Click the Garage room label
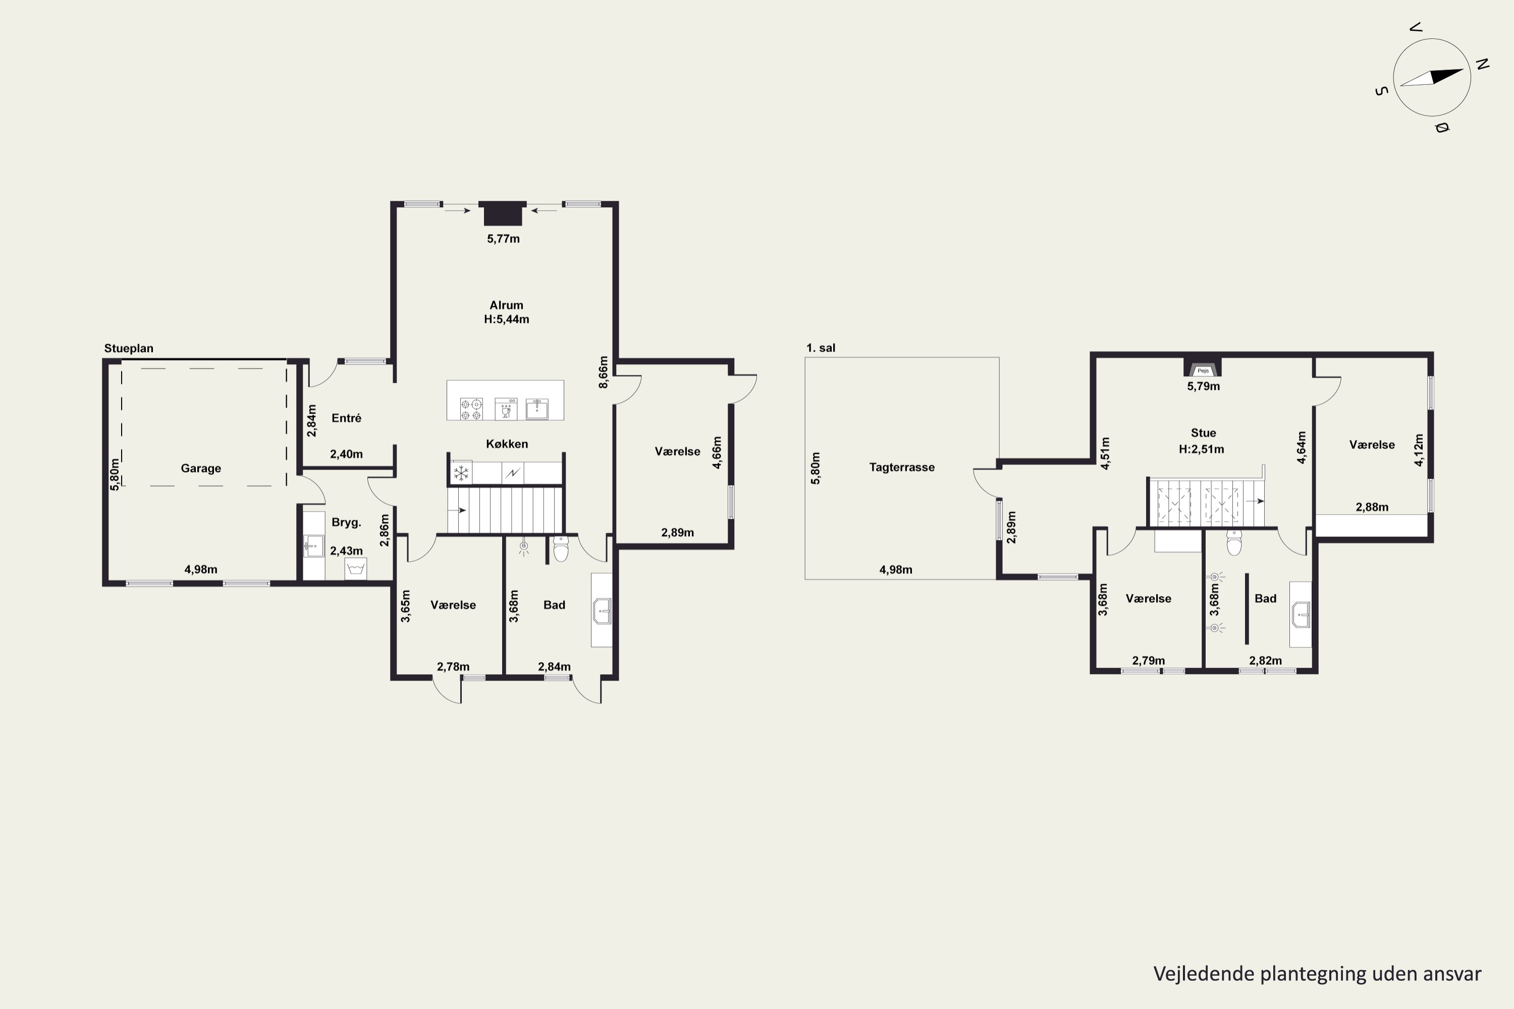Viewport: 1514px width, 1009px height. coord(201,469)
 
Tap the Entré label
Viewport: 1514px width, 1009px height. coord(346,418)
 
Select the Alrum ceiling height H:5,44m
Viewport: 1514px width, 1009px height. coord(507,319)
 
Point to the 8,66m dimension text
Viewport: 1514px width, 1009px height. coord(603,372)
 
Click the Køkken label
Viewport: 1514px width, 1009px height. coord(507,444)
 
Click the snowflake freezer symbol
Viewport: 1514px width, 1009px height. coord(461,474)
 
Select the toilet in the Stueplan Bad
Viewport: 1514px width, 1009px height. coord(561,549)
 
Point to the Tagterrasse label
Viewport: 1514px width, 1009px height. coord(902,467)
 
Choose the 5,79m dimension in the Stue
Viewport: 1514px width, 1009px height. coord(1204,386)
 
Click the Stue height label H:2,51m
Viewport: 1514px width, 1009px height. coord(1202,449)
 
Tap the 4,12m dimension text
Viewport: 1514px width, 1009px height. coord(1419,450)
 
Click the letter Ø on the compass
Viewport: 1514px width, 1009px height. coord(1441,128)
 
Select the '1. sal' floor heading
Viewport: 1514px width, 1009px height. coord(821,348)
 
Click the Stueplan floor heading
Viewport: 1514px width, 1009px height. coord(129,348)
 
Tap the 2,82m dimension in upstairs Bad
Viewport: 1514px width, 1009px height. coord(1266,661)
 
